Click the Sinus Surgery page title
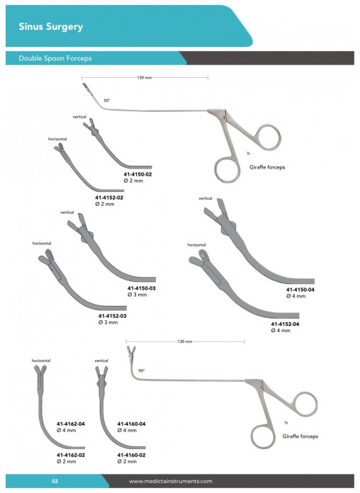tap(50, 27)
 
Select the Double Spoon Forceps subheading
tap(55, 58)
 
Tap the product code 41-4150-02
tap(137, 174)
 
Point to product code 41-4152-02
tap(109, 198)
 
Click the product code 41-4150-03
tap(142, 288)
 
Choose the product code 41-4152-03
tap(113, 316)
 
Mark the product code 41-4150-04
tap(300, 290)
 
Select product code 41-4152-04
tap(285, 324)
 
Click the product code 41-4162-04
tap(71, 424)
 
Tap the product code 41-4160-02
tap(132, 455)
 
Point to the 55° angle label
tap(107, 101)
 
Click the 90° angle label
tap(142, 371)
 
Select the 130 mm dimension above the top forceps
tap(145, 77)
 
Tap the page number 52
tap(55, 481)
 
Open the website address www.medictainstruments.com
tap(171, 481)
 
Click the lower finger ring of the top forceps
tap(227, 169)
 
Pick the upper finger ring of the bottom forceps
tap(305, 404)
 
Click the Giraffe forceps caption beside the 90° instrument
tap(300, 436)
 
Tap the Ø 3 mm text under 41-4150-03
tap(137, 295)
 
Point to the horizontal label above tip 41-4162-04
tap(41, 361)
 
